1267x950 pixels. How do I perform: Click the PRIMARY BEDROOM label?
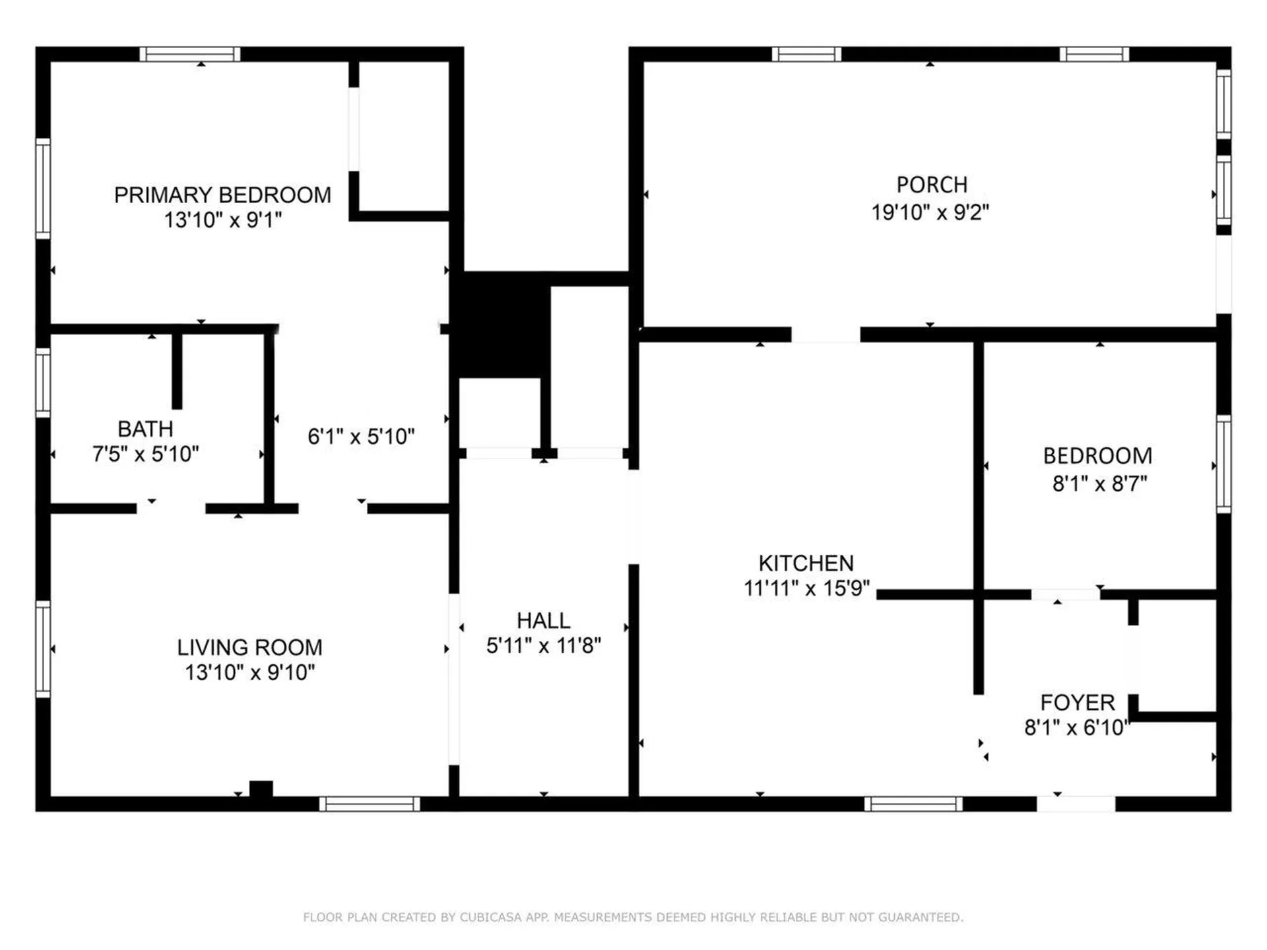click(222, 195)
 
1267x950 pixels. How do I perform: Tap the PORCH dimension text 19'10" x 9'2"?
click(930, 212)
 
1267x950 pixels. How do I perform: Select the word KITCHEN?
click(806, 563)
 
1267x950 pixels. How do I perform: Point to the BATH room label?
click(145, 429)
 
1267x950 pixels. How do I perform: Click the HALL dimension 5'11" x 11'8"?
click(543, 645)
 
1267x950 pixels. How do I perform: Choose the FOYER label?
click(1077, 702)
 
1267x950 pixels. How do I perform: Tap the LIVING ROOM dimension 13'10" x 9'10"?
click(249, 672)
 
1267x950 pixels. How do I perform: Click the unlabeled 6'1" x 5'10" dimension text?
click(361, 436)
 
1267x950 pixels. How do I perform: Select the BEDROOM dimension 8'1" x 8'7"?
click(1099, 484)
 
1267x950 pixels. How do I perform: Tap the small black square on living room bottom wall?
click(261, 789)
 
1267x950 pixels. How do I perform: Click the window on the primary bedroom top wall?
click(189, 54)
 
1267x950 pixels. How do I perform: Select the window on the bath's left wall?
click(43, 383)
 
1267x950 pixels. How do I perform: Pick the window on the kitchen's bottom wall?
click(913, 804)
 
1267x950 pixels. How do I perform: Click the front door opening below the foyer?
click(1076, 804)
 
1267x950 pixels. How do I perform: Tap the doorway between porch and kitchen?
click(826, 334)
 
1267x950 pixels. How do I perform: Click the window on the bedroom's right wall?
click(1223, 464)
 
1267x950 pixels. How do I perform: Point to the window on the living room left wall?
click(43, 649)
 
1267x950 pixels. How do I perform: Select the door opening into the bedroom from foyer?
click(1065, 594)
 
